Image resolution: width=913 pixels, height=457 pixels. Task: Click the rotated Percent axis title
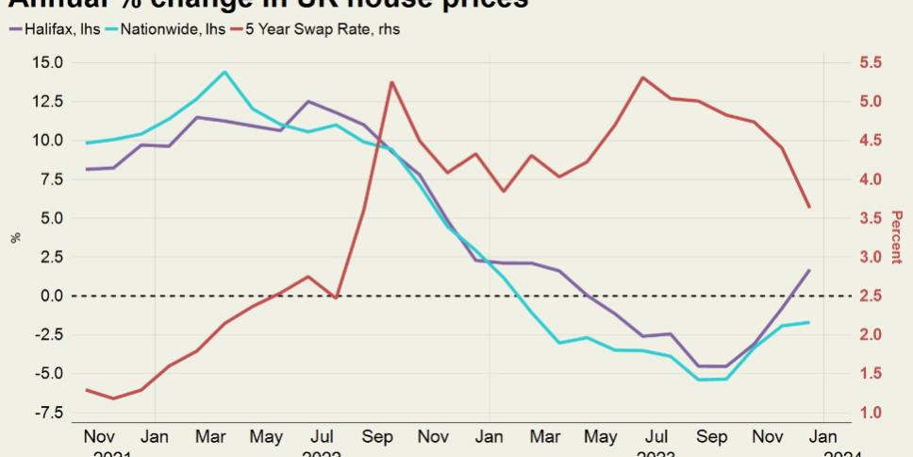[896, 238]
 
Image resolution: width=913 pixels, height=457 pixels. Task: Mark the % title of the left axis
[15, 238]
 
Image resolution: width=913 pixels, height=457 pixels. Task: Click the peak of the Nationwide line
[224, 72]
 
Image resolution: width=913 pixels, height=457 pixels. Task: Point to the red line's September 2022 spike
[391, 82]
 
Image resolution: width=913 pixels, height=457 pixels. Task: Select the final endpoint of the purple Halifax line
[809, 270]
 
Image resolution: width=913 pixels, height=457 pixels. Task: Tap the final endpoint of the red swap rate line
[809, 207]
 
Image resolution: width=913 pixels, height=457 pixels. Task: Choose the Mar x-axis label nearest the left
[209, 438]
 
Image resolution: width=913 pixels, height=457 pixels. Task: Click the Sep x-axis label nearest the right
[711, 438]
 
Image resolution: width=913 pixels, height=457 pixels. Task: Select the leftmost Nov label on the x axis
[98, 438]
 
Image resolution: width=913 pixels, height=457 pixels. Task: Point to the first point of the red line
[86, 390]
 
